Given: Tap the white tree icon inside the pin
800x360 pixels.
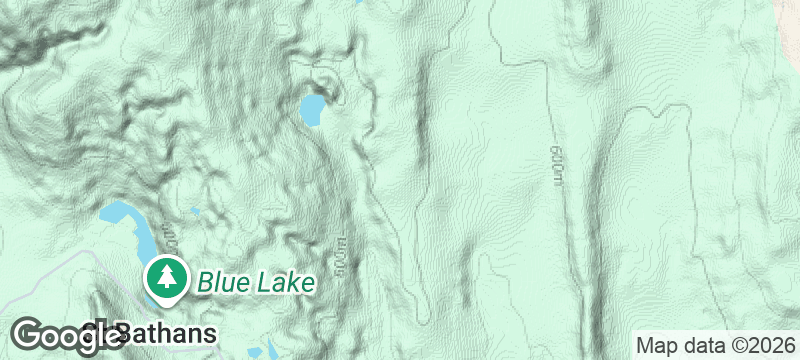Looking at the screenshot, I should [165, 276].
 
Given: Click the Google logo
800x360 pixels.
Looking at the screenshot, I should [70, 334].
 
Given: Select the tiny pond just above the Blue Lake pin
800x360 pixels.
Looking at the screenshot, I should [194, 212].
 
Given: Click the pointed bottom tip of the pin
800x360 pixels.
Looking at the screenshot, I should [165, 304].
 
